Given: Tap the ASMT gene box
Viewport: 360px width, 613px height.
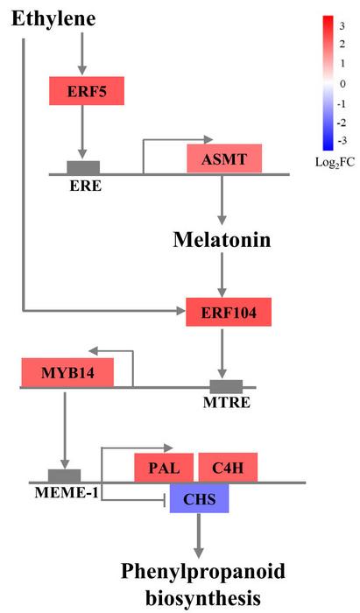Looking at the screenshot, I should point(224,159).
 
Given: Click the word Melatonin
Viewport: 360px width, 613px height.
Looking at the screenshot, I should point(222,238).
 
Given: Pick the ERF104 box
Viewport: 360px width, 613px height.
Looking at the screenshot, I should point(222,311).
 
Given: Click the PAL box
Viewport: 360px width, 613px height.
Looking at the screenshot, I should point(164,468).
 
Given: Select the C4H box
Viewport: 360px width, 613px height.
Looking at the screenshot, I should point(227,468).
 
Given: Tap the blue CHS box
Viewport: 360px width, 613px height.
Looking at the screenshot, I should point(199,498).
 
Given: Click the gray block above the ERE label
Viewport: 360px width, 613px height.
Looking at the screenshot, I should point(83,167).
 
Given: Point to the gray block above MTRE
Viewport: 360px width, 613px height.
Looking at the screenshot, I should point(226,386).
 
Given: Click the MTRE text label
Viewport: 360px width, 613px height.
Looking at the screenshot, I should point(225,404).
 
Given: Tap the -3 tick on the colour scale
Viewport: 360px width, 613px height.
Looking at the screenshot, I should point(342,140).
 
